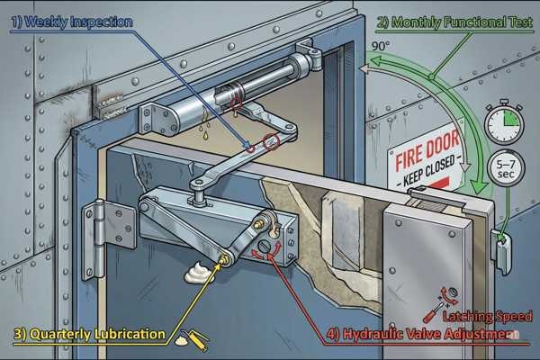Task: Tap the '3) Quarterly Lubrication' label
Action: tap(89, 335)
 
